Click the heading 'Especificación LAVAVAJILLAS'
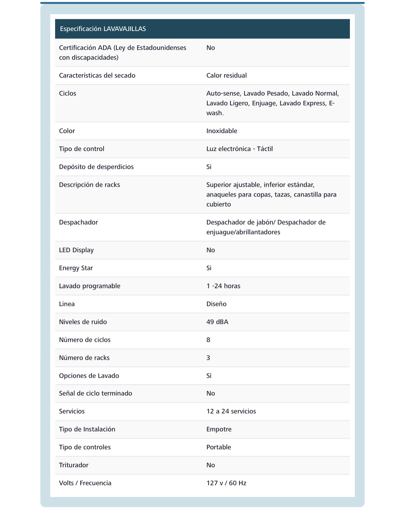coord(103,29)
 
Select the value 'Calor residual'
coord(226,76)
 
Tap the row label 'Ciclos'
coord(67,94)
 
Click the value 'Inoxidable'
coord(222,131)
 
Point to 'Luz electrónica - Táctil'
coord(239,149)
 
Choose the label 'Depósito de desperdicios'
coord(96,167)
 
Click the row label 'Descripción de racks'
coord(89,185)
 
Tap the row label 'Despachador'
coord(78,222)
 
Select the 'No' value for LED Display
coord(210,250)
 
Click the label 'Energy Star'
coord(76,268)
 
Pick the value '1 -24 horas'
coord(223,286)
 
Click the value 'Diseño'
coord(216,304)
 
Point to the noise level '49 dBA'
coord(217,322)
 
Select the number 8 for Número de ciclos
coord(208,340)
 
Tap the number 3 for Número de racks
coord(208,358)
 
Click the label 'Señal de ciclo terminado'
coord(95,393)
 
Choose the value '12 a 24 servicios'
coord(231,411)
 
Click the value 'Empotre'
coord(219,429)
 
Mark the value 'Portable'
coord(218,447)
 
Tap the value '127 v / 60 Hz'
coord(226,483)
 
